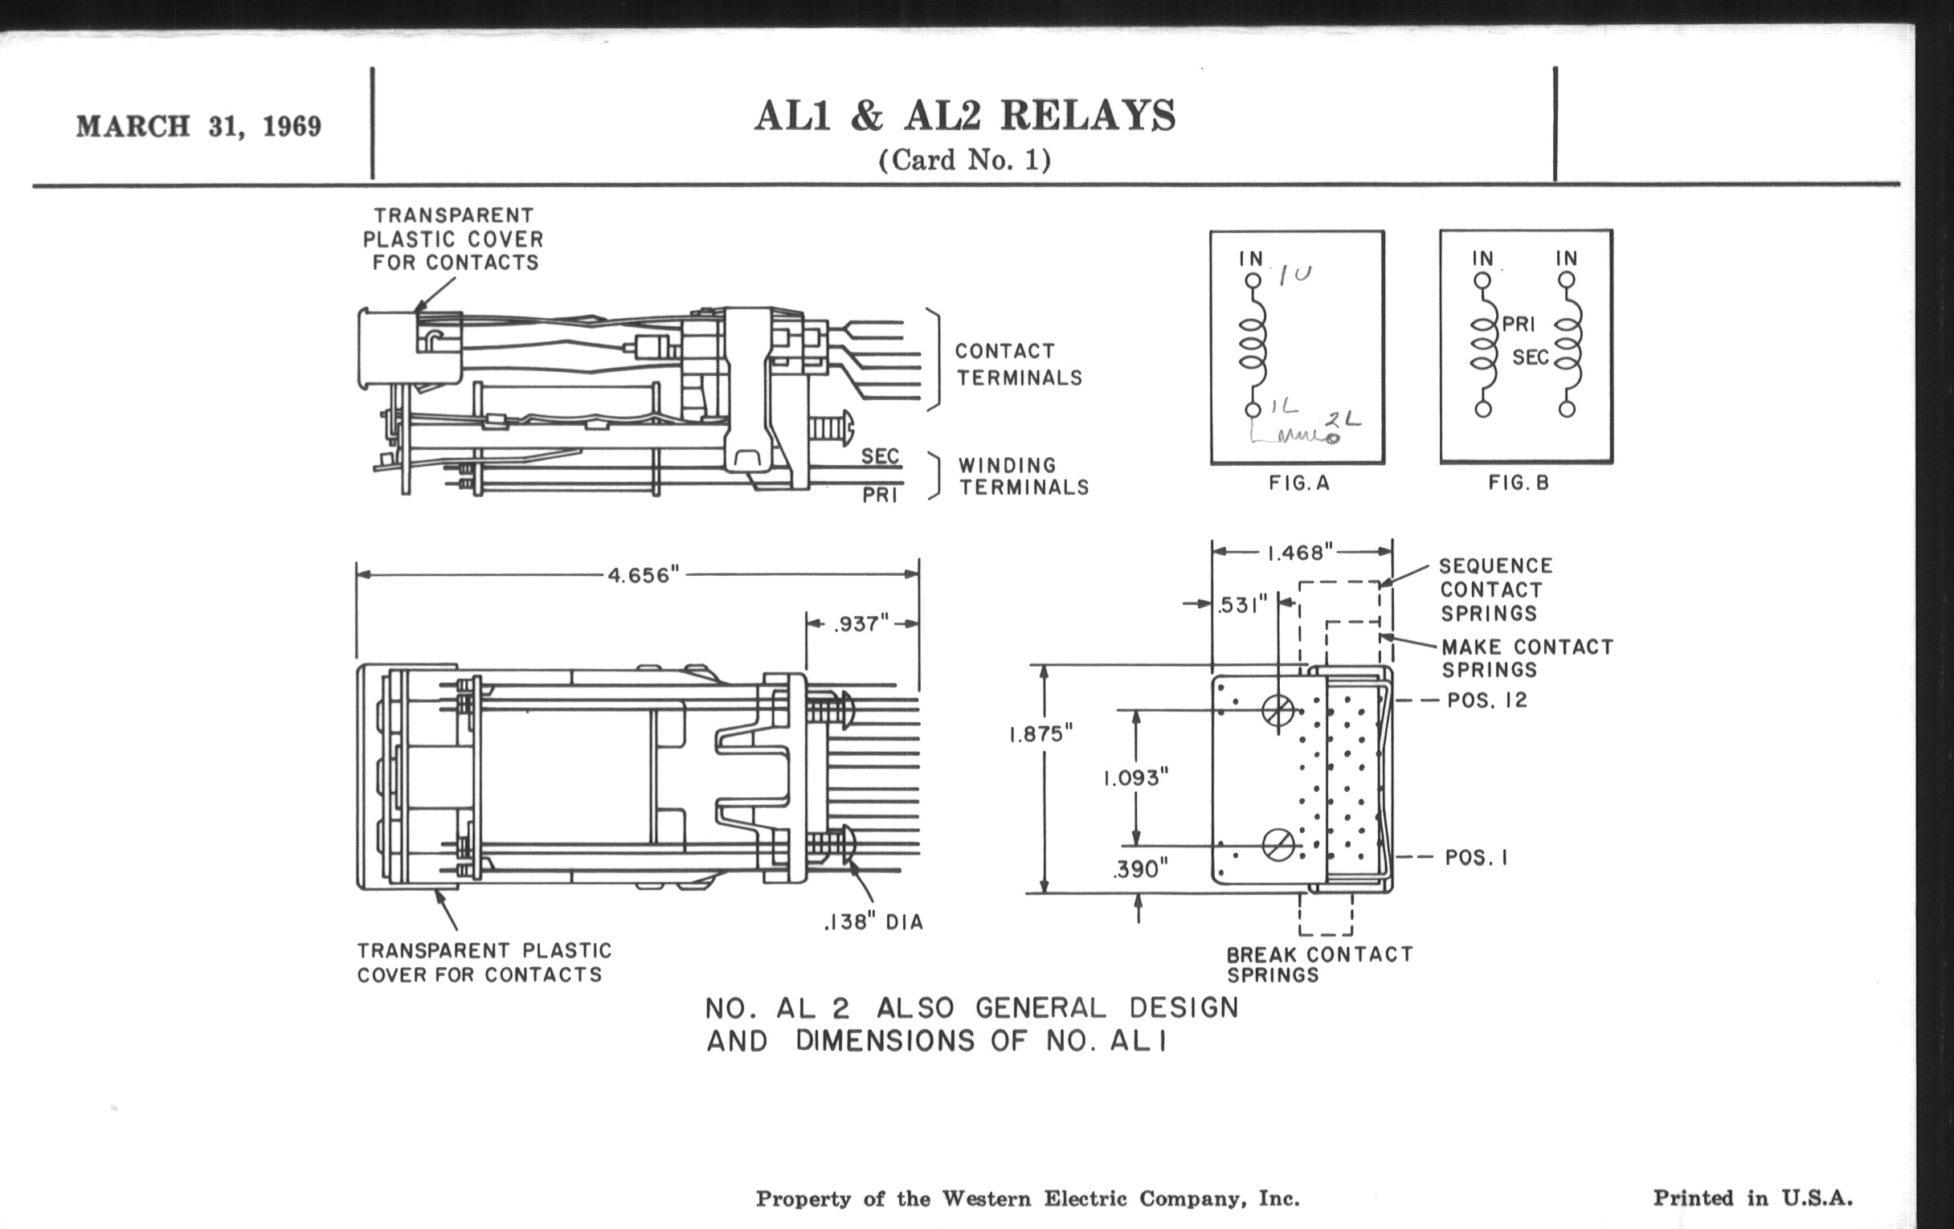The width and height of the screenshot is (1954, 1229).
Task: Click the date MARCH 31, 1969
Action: coord(198,127)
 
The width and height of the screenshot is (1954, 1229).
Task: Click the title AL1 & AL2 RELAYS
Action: coord(964,116)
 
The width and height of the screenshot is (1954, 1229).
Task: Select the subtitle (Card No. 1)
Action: coord(964,160)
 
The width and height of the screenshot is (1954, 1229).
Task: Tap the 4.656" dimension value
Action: coord(643,575)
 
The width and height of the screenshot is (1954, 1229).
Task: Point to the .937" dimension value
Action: coord(861,624)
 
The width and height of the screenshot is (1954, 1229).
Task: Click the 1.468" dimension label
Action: coord(1300,553)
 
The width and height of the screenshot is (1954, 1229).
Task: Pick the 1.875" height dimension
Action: coord(1040,734)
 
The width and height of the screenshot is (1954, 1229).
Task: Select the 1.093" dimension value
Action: coord(1135,778)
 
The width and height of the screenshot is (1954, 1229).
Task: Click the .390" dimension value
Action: coord(1140,870)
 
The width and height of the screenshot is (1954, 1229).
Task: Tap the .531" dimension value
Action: coord(1242,605)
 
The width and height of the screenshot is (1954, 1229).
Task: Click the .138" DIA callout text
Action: coord(873,922)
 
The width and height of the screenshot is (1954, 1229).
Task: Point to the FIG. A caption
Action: coord(1299,484)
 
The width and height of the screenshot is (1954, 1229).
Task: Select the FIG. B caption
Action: coord(1519,484)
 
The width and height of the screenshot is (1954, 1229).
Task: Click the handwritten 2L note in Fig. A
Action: coord(1342,420)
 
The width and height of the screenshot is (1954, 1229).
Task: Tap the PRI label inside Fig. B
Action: coord(1519,325)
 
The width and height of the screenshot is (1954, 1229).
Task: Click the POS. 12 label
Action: coord(1486,700)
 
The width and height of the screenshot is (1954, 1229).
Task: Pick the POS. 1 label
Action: coord(1476,857)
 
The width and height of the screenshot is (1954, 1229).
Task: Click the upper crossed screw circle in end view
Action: coord(1278,711)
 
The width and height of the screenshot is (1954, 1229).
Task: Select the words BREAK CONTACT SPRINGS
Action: coord(1318,965)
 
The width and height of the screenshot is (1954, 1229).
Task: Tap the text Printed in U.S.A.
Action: coord(1753,1198)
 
